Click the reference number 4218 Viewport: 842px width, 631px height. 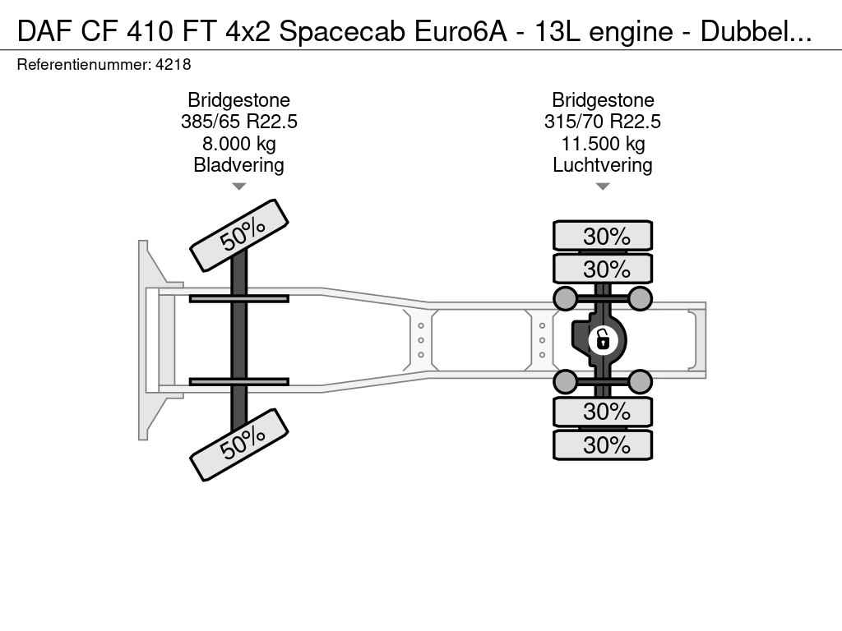(173, 65)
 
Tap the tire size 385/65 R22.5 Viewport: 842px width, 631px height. (239, 122)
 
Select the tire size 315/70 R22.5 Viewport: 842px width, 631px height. (603, 122)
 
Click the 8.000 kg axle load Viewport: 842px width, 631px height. (239, 144)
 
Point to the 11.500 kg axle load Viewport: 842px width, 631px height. (603, 144)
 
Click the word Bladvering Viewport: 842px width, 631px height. (239, 165)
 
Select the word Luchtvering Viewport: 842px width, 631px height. (603, 165)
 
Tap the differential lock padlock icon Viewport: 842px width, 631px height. (603, 340)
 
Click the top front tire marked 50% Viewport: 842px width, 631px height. (239, 236)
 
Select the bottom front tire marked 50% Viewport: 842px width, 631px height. (239, 444)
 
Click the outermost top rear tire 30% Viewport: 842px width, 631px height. (603, 236)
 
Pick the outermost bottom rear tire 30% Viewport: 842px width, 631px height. (603, 444)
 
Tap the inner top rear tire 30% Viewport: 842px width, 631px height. (603, 269)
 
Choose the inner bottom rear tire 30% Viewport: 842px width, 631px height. (603, 412)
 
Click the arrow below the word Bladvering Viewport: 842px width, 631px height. (239, 187)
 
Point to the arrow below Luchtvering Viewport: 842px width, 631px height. (603, 187)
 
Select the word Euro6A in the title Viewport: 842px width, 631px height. (460, 31)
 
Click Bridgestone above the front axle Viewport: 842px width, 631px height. (239, 100)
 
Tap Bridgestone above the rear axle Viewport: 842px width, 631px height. (603, 100)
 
